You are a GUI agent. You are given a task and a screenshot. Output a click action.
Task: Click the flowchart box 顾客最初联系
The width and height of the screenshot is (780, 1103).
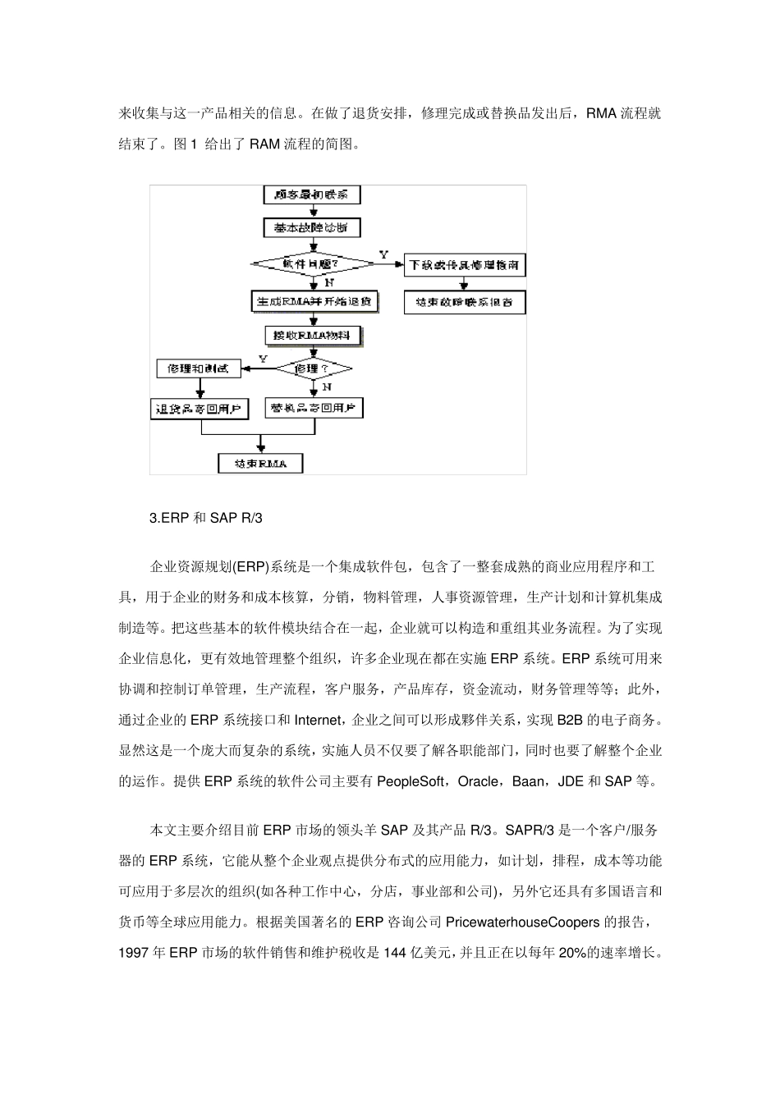click(x=312, y=195)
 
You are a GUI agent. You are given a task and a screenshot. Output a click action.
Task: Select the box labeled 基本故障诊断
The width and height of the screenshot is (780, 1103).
click(x=312, y=227)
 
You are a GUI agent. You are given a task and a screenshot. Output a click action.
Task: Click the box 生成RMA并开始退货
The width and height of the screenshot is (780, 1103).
click(x=314, y=301)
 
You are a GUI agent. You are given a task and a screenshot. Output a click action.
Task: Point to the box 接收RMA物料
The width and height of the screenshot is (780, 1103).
click(x=312, y=335)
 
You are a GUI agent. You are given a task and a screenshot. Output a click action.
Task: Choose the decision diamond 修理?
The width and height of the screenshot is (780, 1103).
click(x=312, y=368)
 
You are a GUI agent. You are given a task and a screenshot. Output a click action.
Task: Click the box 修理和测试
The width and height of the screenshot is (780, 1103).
click(x=198, y=368)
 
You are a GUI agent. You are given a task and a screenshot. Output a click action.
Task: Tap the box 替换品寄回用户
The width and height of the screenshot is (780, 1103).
click(x=314, y=407)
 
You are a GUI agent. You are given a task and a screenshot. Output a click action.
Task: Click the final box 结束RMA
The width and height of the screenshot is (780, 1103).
click(x=260, y=464)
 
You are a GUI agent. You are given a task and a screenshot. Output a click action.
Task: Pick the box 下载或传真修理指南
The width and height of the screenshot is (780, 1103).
click(x=465, y=265)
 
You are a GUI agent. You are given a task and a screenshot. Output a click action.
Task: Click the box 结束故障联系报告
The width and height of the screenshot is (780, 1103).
click(x=465, y=302)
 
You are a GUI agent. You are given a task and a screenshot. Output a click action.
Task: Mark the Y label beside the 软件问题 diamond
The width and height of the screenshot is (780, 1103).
click(x=383, y=255)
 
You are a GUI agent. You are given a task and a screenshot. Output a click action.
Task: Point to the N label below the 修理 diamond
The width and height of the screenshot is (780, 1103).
click(x=327, y=386)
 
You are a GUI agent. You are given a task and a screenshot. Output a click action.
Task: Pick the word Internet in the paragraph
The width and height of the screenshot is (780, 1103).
click(x=317, y=720)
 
